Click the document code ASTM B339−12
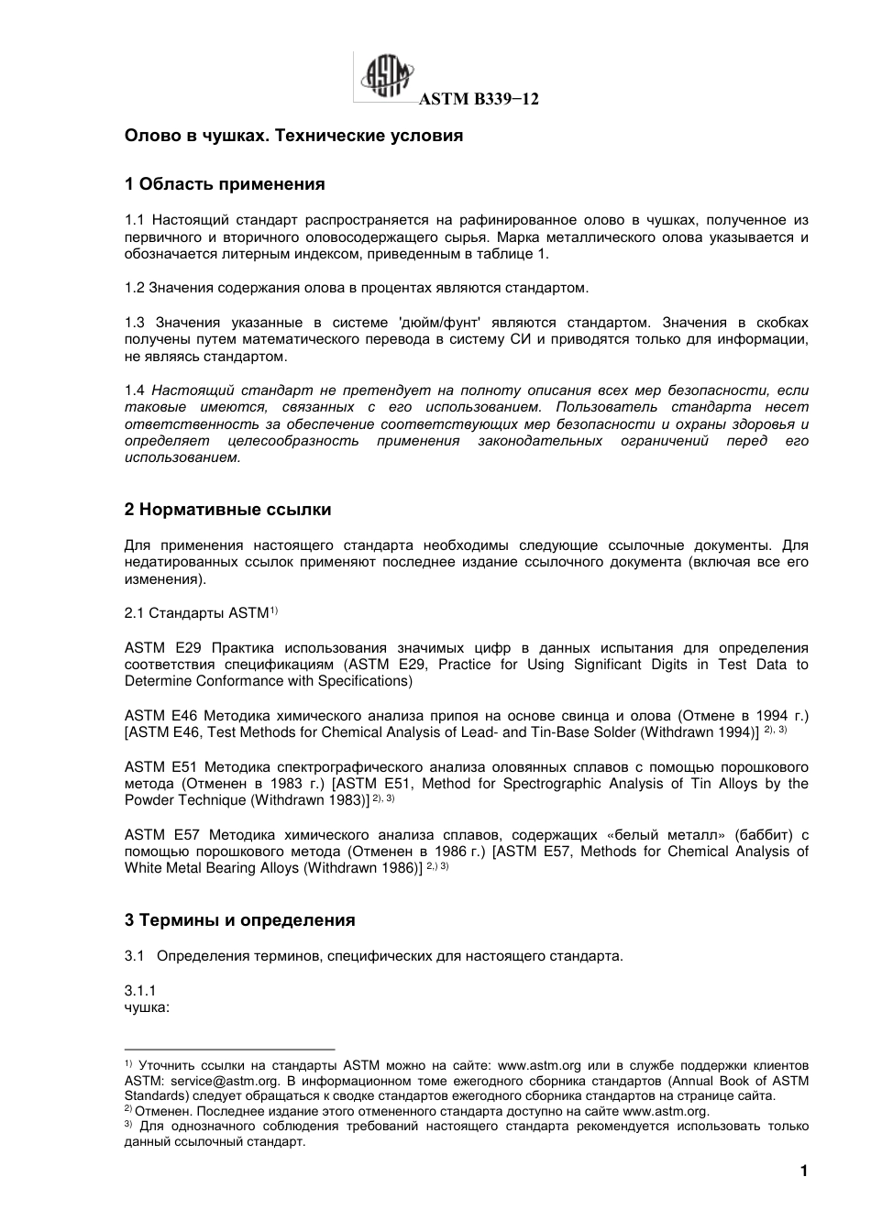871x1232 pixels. (x=478, y=100)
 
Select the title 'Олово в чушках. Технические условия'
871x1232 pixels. (x=293, y=136)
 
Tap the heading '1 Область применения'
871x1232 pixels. (x=225, y=184)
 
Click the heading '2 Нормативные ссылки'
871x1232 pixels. (x=227, y=510)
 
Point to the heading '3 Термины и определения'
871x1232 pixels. (x=239, y=920)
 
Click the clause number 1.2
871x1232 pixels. (x=135, y=288)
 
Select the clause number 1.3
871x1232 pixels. (x=135, y=323)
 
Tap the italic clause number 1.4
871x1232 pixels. (x=135, y=390)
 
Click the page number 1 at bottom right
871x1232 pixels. (x=803, y=1171)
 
